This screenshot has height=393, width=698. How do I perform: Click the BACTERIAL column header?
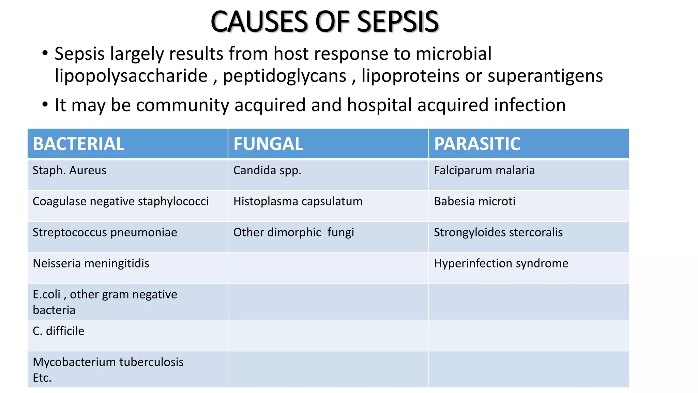click(x=79, y=144)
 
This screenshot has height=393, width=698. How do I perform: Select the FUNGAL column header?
click(x=268, y=144)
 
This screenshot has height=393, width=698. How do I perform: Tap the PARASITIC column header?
click(x=477, y=144)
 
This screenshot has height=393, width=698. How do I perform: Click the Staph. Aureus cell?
click(x=70, y=170)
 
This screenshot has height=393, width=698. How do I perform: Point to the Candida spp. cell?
click(x=267, y=170)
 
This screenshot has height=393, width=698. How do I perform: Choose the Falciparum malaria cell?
click(x=484, y=170)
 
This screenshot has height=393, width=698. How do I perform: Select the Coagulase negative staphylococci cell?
click(x=121, y=201)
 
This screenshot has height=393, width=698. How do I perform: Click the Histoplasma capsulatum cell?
click(x=298, y=201)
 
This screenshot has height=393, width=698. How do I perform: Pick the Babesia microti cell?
click(x=474, y=201)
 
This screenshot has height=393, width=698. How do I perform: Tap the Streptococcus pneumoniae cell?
click(x=105, y=232)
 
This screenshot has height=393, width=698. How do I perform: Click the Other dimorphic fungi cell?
click(x=293, y=232)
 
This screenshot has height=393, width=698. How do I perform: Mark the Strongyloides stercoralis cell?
click(x=498, y=232)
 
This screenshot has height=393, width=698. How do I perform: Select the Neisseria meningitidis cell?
click(x=91, y=263)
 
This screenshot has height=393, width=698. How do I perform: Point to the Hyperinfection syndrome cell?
click(x=501, y=263)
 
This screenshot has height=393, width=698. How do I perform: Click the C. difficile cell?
click(x=59, y=331)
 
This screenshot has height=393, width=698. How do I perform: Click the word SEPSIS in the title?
click(x=398, y=22)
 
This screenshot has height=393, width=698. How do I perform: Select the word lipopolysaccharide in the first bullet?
click(x=131, y=76)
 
